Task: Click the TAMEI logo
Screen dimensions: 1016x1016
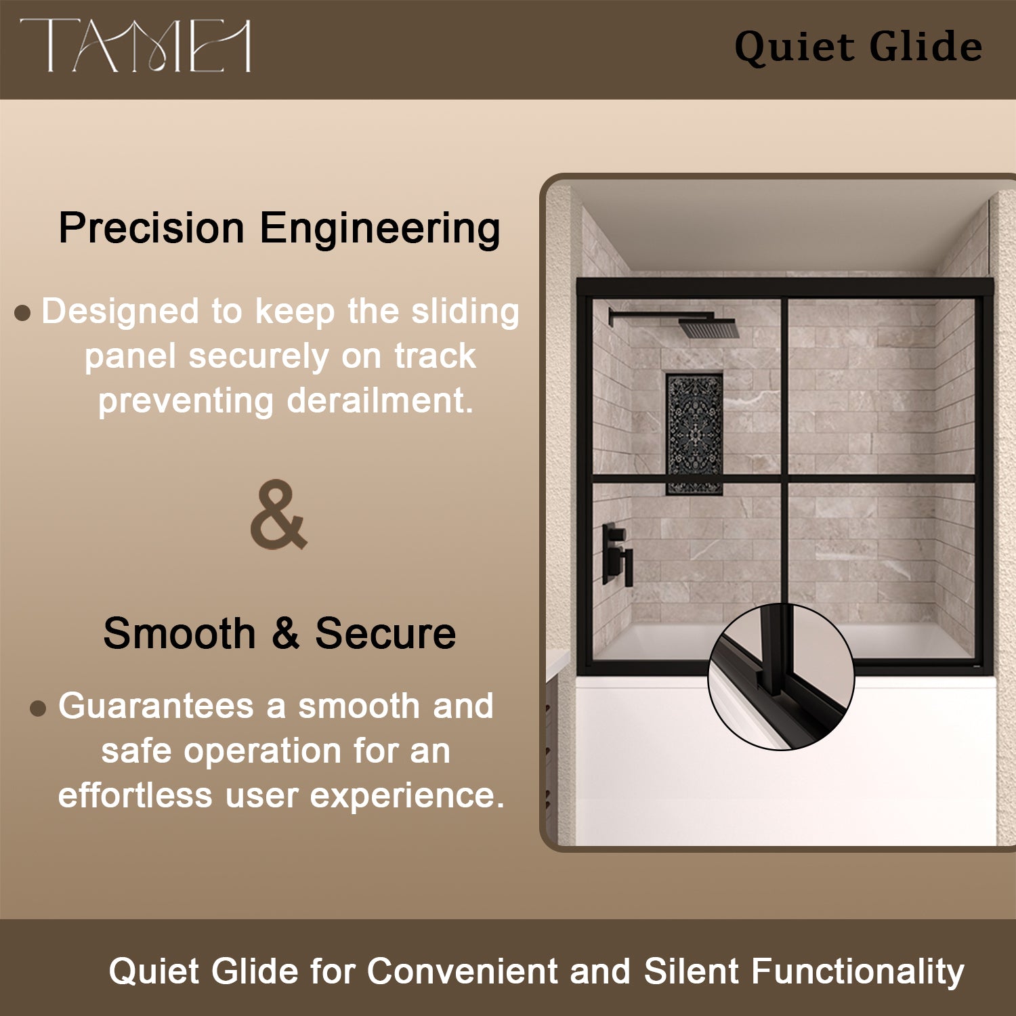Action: pos(135,45)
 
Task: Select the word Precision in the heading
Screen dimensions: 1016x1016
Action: pos(151,228)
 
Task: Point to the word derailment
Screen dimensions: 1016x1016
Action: pos(379,400)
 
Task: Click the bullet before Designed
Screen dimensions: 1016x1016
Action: pos(22,313)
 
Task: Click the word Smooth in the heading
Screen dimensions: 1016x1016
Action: pos(179,634)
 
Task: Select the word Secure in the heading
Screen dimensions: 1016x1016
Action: pos(385,634)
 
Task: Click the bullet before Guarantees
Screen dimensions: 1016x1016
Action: pos(39,708)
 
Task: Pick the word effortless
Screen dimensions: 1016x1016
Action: pos(135,795)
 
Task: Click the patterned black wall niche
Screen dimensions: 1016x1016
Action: pos(694,433)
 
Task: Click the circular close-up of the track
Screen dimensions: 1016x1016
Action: pos(781,677)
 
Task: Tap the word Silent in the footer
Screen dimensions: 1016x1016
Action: pos(691,971)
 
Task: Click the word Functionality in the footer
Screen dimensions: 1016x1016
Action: pos(858,971)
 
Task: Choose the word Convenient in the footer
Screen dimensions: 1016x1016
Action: pos(463,971)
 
